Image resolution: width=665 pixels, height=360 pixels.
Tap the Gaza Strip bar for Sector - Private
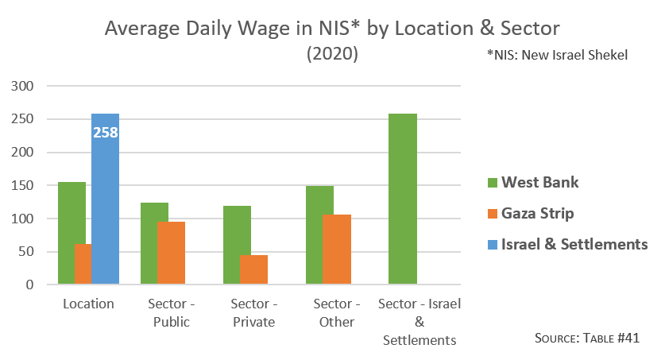[x=253, y=269]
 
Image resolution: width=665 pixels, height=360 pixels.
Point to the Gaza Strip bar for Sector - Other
[x=336, y=250]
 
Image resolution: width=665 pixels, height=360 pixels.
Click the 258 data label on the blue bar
[x=105, y=133]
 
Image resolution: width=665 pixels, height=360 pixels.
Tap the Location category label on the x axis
[x=88, y=304]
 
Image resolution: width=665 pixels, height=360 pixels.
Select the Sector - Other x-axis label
[x=336, y=312]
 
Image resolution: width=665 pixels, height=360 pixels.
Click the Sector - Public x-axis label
[x=171, y=312]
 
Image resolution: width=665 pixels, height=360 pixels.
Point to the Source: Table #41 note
[x=587, y=338]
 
